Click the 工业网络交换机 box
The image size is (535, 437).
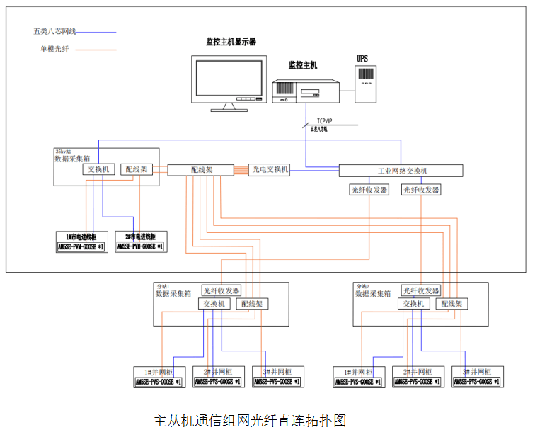401,171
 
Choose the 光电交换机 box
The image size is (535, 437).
270,170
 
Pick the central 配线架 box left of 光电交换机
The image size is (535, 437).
201,170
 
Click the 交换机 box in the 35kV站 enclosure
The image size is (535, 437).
98,170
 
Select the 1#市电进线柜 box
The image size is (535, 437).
81,242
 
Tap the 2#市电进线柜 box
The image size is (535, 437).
140,242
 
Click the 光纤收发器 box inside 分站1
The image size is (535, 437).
222,290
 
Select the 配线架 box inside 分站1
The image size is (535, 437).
251,304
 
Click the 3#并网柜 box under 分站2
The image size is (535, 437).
478,377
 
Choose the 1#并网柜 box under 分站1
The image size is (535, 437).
159,377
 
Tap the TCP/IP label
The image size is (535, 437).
326,122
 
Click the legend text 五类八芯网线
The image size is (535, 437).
54,32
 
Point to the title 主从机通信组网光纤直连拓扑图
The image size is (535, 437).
250,420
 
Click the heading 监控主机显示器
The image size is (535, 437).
231,42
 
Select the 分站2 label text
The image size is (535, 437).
362,286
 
